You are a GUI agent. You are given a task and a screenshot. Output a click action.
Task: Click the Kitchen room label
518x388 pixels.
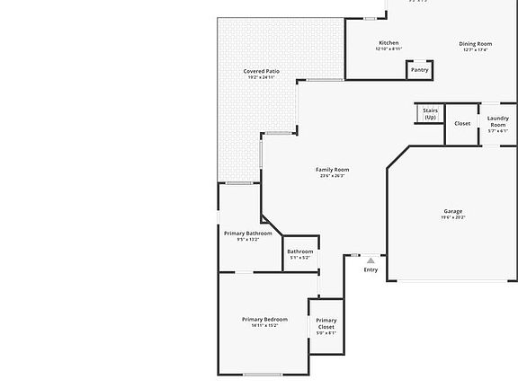(388, 43)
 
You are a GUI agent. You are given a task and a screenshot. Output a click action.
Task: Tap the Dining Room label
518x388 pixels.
(476, 43)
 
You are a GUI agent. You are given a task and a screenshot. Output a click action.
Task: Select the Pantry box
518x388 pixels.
(420, 69)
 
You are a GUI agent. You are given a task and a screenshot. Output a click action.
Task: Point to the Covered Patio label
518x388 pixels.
(261, 71)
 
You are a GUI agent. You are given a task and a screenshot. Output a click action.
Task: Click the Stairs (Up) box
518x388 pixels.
(430, 114)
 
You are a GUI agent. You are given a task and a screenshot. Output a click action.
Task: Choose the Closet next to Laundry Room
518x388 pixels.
(462, 124)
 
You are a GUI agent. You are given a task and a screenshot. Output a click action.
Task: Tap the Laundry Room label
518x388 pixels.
(498, 121)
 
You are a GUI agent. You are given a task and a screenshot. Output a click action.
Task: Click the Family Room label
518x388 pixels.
(332, 170)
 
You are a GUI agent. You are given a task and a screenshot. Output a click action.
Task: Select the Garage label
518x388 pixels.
(452, 211)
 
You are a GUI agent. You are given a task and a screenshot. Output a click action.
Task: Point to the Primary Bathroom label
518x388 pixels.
(247, 234)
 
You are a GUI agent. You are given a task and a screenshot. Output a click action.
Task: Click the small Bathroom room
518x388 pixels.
(300, 253)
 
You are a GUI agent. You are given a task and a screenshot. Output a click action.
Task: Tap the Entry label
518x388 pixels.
(371, 269)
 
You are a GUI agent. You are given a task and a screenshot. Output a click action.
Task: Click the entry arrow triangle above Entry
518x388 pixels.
(371, 260)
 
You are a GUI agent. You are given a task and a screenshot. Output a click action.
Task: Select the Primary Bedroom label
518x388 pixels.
(264, 319)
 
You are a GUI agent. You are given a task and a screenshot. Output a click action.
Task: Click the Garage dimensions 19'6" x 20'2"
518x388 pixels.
(452, 217)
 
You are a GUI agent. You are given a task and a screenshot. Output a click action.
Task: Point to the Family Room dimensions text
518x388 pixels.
(332, 176)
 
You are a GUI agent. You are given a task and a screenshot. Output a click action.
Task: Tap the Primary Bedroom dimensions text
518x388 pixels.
(264, 325)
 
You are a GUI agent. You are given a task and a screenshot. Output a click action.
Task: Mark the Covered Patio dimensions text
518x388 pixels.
(261, 77)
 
